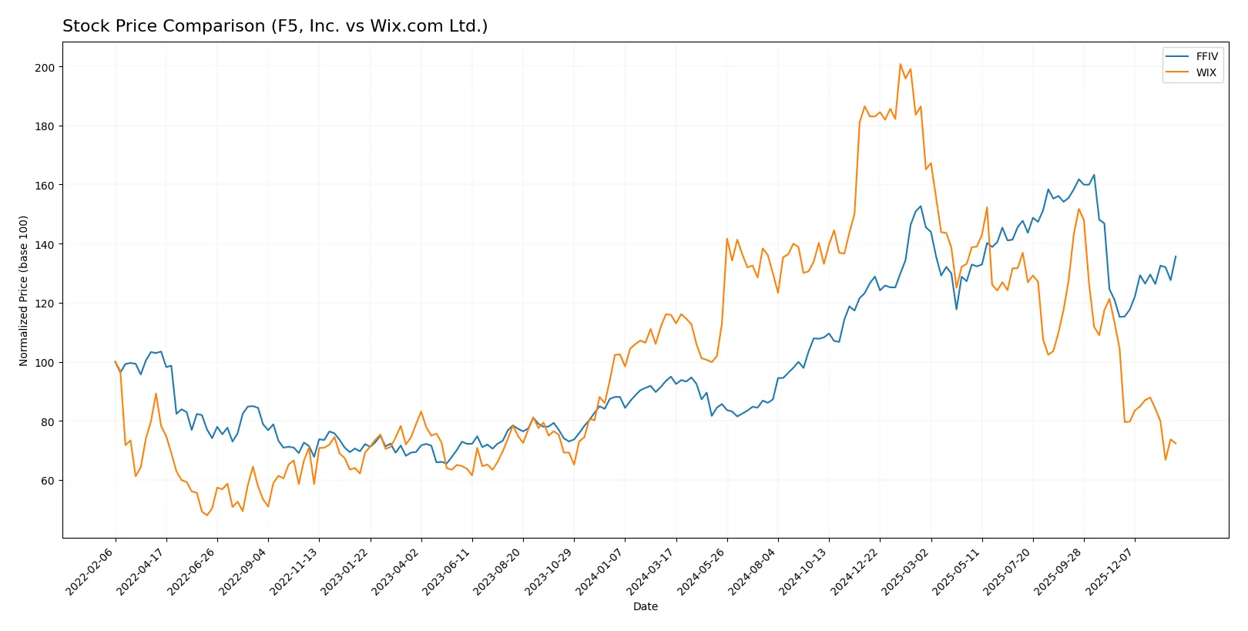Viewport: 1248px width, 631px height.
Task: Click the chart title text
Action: pos(275,26)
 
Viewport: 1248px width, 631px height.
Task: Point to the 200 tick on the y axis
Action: pos(45,68)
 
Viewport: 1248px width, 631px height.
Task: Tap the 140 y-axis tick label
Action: pos(45,245)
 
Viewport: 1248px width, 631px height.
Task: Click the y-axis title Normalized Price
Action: pos(24,290)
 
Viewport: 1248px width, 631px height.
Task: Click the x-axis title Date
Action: pos(645,606)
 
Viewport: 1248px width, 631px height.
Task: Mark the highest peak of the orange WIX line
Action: pos(900,65)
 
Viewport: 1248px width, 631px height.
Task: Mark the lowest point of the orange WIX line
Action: pos(206,515)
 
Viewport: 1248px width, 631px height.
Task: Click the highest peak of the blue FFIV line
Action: pos(1094,175)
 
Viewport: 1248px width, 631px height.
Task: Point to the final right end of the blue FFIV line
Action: pos(1176,257)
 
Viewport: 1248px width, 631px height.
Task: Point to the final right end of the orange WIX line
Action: pos(1176,444)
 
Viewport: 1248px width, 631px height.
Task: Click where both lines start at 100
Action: pos(116,362)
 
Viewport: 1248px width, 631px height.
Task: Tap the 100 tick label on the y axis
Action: pos(45,363)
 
